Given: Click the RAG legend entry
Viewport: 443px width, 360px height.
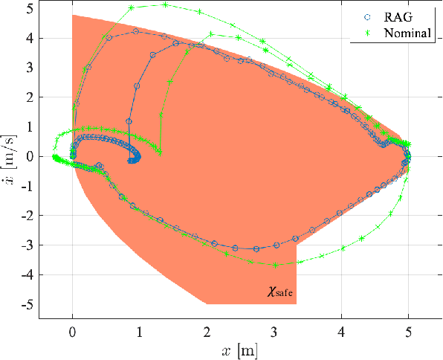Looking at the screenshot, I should tap(401, 16).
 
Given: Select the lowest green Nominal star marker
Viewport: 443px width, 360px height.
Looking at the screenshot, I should tap(276, 265).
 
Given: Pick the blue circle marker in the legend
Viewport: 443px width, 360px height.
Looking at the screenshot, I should tap(366, 16).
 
